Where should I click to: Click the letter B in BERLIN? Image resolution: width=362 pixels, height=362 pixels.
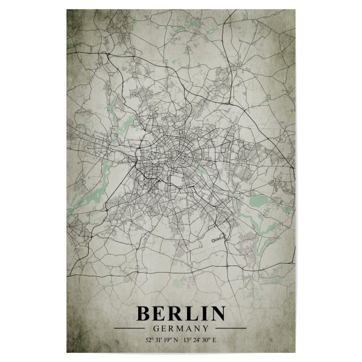pos(145,314)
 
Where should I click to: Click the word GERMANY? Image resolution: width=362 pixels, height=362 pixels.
pos(181,328)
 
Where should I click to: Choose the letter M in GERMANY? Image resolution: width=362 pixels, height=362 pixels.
pos(181,328)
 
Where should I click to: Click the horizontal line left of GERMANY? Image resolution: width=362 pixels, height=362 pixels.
pos(131,328)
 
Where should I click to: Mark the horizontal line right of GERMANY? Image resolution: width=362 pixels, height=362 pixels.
pos(230,328)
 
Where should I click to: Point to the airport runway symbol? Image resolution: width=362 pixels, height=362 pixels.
pos(218,239)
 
